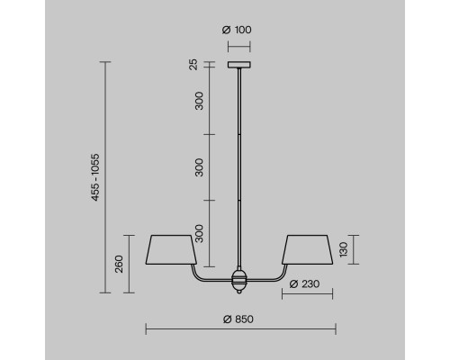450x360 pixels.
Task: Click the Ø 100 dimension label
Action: (237, 30)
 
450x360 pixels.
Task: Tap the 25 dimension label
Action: (193, 65)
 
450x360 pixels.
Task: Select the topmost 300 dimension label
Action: (199, 101)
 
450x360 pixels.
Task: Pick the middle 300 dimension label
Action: (199, 167)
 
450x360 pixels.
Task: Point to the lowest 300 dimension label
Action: (199, 233)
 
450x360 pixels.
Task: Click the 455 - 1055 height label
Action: (95, 177)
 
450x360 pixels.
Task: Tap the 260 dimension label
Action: (119, 264)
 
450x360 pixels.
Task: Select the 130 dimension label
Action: (343, 249)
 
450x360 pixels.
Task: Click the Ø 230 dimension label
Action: (304, 283)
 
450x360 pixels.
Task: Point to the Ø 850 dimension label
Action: (238, 319)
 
